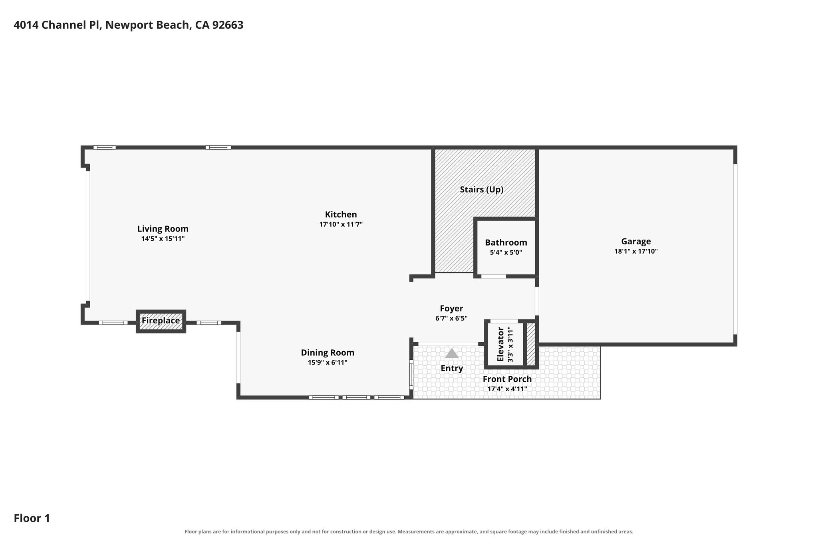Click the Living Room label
(x=163, y=229)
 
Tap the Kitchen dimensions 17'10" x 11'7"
(x=341, y=224)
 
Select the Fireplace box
(x=161, y=321)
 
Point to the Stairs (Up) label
(x=481, y=189)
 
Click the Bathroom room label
(x=506, y=242)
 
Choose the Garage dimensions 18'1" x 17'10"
(x=636, y=251)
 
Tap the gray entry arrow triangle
(x=452, y=353)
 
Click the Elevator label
(x=500, y=344)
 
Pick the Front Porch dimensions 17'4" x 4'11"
(x=507, y=389)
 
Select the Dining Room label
(x=328, y=353)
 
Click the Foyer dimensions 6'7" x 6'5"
(x=451, y=318)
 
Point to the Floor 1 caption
(x=32, y=518)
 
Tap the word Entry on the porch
(x=452, y=368)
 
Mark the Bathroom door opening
(x=493, y=276)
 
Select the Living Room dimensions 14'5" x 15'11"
(x=163, y=239)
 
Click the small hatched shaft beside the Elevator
(x=531, y=344)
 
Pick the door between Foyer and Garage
(x=537, y=301)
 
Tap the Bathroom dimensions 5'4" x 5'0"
(x=506, y=252)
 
